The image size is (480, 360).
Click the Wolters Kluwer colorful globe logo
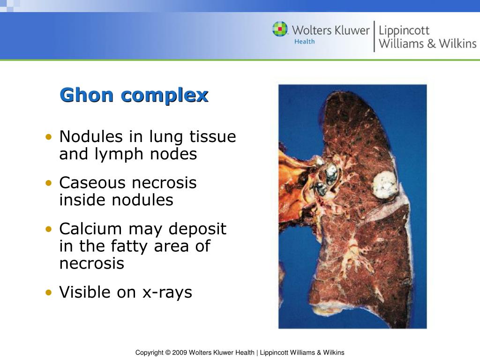tap(280, 29)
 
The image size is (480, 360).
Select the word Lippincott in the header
tap(404, 31)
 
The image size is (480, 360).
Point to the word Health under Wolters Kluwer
tap(304, 42)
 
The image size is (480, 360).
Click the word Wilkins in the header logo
tap(457, 44)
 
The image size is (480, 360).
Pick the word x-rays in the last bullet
tap(167, 292)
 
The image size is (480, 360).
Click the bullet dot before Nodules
tap(49, 137)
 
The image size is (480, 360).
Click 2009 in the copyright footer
tap(180, 352)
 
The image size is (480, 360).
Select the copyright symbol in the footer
tap(168, 352)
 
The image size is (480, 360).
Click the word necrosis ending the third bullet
tap(92, 263)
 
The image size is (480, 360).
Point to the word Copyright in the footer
tap(149, 352)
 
